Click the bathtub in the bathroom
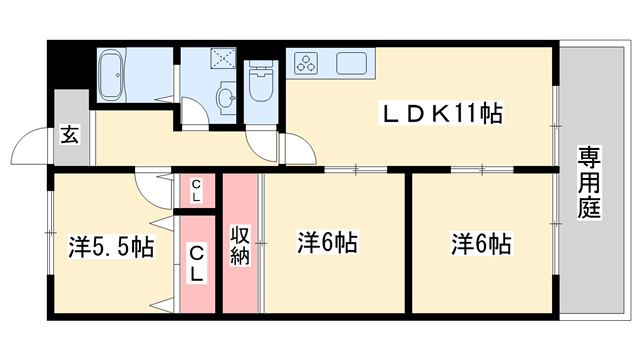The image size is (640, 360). [x=121, y=72]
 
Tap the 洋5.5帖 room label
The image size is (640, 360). [x=110, y=245]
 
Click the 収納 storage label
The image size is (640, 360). [x=241, y=244]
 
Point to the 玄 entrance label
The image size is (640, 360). [x=69, y=131]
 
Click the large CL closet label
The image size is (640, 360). [x=198, y=261]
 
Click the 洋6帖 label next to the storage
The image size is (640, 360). [x=328, y=242]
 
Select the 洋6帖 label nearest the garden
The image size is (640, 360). [x=481, y=242]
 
